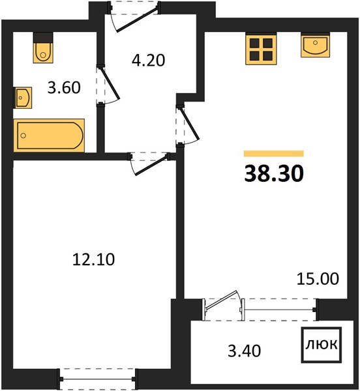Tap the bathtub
tap(49, 136)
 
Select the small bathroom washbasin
tap(23, 98)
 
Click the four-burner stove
tap(261, 50)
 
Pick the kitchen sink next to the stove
tap(316, 46)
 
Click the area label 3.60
tap(64, 87)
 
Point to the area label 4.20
tap(149, 61)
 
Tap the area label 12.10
tap(93, 259)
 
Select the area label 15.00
tap(318, 278)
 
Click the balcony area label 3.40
tap(245, 351)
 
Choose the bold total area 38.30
tap(274, 173)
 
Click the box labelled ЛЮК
tap(322, 345)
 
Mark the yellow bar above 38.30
tap(274, 154)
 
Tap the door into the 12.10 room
tap(149, 164)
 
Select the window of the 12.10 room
tap(98, 379)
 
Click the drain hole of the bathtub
tap(23, 136)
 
